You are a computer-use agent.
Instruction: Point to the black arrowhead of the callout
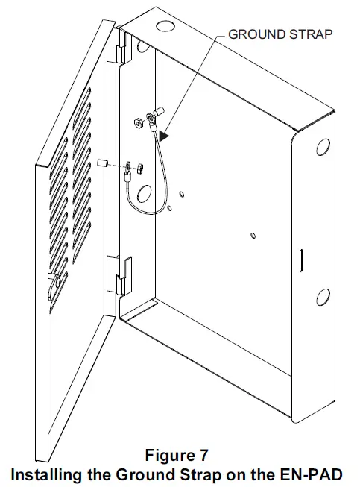(x=164, y=137)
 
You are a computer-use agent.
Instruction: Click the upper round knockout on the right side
(x=323, y=148)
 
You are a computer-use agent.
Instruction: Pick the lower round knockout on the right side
(x=323, y=298)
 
